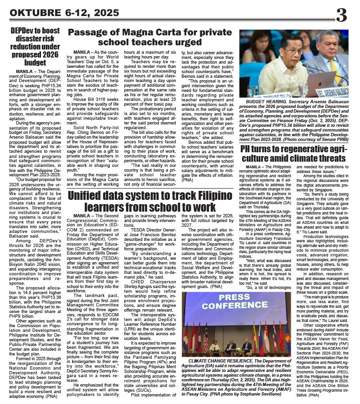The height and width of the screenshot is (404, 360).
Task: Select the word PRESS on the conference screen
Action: [234, 297]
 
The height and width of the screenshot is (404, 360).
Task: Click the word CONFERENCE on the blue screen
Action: [234, 305]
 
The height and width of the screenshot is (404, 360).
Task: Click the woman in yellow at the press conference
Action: [214, 346]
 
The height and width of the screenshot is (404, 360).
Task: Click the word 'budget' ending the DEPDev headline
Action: [35, 62]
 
